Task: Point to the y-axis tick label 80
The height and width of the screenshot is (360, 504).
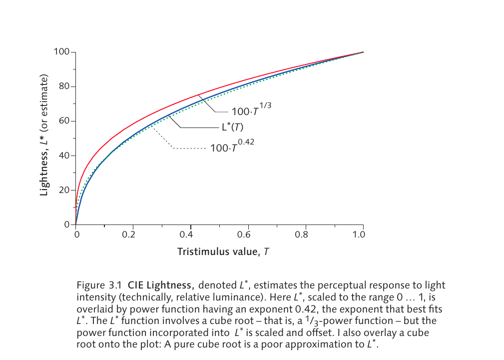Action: (64, 86)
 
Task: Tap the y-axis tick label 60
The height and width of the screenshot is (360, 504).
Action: (64, 121)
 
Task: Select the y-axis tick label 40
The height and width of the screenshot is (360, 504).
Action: (64, 155)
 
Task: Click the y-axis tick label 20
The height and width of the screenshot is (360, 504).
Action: (64, 190)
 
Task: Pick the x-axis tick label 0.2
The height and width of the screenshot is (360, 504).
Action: (128, 234)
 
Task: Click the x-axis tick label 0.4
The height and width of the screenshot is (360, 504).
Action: (186, 234)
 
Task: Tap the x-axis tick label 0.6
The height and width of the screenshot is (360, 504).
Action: (243, 234)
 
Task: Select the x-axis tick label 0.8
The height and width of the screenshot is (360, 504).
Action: (301, 234)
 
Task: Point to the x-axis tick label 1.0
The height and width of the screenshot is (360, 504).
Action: (358, 234)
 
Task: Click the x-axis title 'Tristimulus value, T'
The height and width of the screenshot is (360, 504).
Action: (223, 251)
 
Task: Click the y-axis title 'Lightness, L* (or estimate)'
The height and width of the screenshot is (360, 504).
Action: (44, 135)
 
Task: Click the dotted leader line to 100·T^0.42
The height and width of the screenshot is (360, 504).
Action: (190, 148)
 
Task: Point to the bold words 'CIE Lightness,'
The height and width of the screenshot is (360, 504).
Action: (161, 286)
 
